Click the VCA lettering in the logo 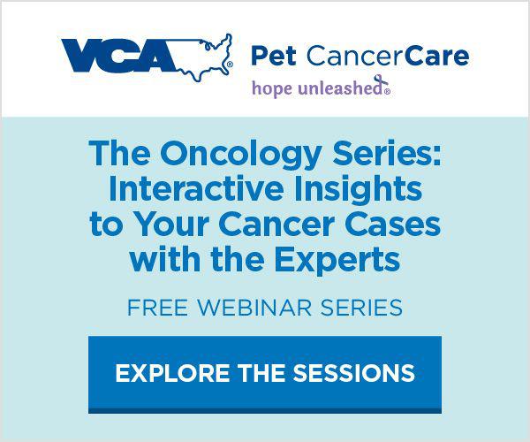pyautogui.click(x=118, y=56)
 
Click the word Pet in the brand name pyautogui.click(x=274, y=56)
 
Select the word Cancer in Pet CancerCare pyautogui.click(x=354, y=57)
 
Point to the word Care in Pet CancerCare pyautogui.click(x=435, y=57)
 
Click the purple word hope pyautogui.click(x=272, y=89)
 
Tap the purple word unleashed pyautogui.click(x=341, y=88)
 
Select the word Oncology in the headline pyautogui.click(x=240, y=154)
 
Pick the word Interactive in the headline pyautogui.click(x=196, y=188)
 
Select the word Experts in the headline pyautogui.click(x=337, y=261)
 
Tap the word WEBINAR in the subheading pyautogui.click(x=254, y=308)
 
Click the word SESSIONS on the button pyautogui.click(x=353, y=373)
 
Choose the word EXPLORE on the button pyautogui.click(x=172, y=373)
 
